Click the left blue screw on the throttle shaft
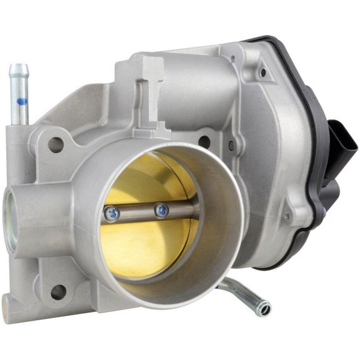click(111, 214)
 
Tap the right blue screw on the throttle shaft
click(162, 210)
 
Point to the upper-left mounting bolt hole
click(56, 144)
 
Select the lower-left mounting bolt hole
click(58, 291)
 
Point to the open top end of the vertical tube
click(21, 66)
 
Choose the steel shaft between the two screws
click(137, 212)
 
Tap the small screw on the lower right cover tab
click(287, 215)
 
